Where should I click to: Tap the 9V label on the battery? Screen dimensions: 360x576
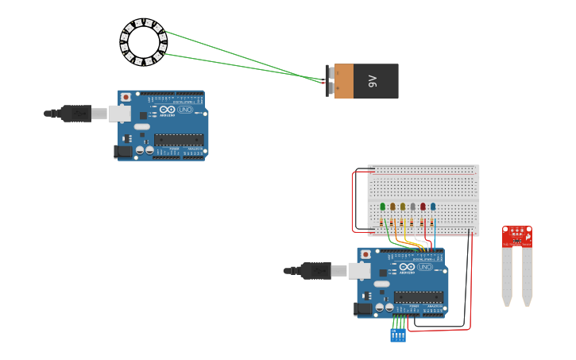tap(373, 81)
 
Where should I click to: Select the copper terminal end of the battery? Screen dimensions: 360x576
tap(343, 81)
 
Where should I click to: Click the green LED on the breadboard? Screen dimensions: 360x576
tap(383, 207)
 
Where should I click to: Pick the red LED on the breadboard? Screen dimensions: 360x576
tap(423, 207)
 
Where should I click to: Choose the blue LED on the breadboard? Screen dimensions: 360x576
tap(433, 207)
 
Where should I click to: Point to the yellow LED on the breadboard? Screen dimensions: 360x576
tap(403, 207)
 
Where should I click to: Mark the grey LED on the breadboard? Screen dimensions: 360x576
tap(412, 207)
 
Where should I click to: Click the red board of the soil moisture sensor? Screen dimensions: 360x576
tap(516, 236)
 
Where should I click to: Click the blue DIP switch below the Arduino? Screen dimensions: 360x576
tap(398, 335)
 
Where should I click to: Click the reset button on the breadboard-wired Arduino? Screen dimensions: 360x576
tap(365, 255)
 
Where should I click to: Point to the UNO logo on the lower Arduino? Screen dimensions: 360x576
tap(425, 267)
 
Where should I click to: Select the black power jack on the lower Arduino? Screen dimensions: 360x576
tap(362, 308)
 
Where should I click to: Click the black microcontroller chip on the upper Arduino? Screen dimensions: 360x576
tap(179, 140)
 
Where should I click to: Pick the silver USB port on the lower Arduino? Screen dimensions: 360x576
tap(360, 271)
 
